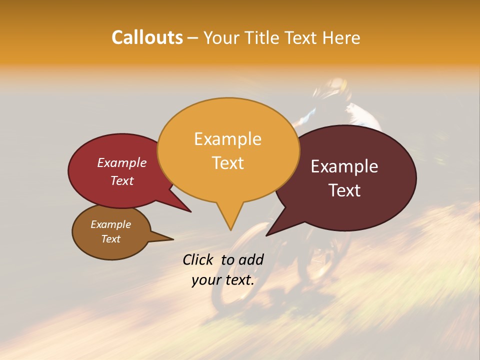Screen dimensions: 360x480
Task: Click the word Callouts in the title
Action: coord(147,37)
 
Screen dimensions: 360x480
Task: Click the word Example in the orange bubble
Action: coord(227,139)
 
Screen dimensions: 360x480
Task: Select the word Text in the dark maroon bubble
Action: coord(344,190)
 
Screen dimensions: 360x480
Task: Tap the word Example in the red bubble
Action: coord(121,162)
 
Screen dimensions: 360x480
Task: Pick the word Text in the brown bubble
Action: coord(110,239)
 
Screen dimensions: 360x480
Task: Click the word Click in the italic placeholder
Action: coord(198,259)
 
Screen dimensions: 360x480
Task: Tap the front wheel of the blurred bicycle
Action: coord(235,265)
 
